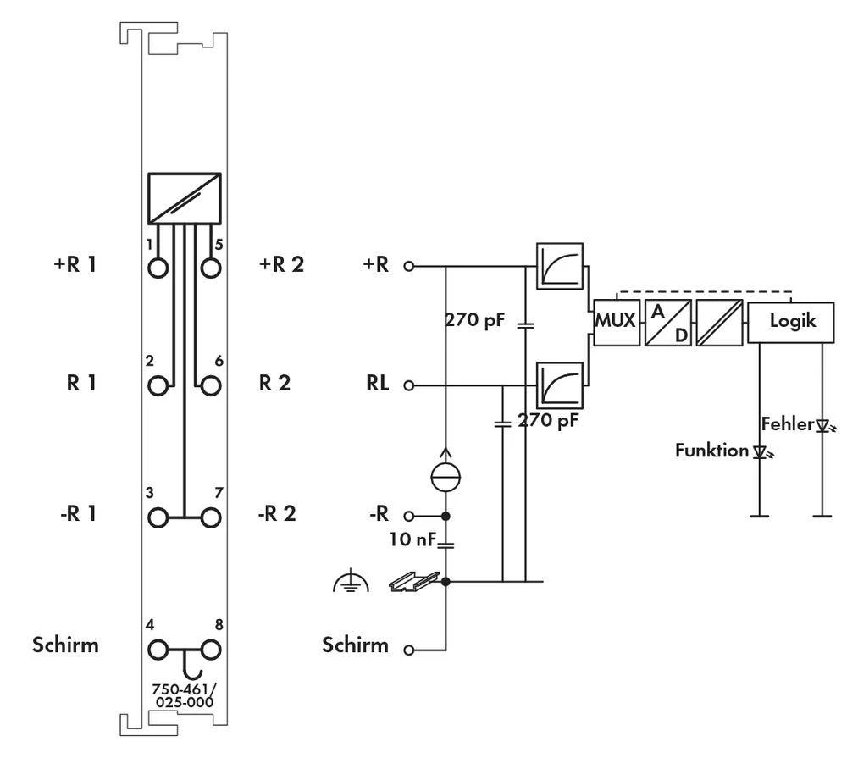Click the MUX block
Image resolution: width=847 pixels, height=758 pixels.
coord(616,323)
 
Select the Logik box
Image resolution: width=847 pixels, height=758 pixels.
coord(792,322)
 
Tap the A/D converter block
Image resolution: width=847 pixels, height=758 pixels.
coord(667,323)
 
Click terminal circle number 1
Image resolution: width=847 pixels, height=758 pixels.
coord(158,268)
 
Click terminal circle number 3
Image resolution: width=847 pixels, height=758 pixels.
coord(158,517)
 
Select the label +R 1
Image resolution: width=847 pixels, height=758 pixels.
coord(75,263)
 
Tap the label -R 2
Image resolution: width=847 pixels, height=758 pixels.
coord(277,514)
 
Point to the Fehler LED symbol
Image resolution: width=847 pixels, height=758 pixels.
coord(822,426)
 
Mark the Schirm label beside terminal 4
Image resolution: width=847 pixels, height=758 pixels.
coord(65,645)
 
